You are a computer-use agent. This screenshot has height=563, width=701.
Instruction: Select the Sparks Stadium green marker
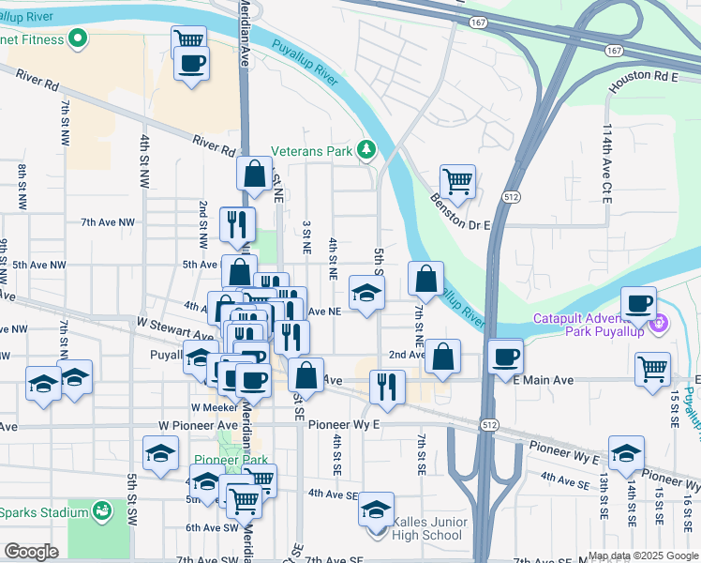[102, 512]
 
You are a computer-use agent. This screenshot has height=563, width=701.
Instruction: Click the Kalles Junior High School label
[427, 528]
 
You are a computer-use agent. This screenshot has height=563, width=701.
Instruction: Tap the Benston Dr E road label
[461, 213]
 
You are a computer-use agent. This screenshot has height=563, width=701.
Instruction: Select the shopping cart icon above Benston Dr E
[457, 181]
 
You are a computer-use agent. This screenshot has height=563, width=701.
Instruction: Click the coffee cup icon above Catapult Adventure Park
[640, 303]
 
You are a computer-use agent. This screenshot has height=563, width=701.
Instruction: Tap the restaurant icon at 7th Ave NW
[237, 223]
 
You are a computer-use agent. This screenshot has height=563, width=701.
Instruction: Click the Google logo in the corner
[31, 552]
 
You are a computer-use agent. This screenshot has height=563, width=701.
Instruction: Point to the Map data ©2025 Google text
[643, 555]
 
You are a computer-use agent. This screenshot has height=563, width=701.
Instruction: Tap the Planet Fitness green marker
[78, 39]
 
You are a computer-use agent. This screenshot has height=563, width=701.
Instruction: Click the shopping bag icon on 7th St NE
[426, 278]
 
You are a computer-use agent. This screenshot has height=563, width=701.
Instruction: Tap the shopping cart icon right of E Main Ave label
[652, 367]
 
